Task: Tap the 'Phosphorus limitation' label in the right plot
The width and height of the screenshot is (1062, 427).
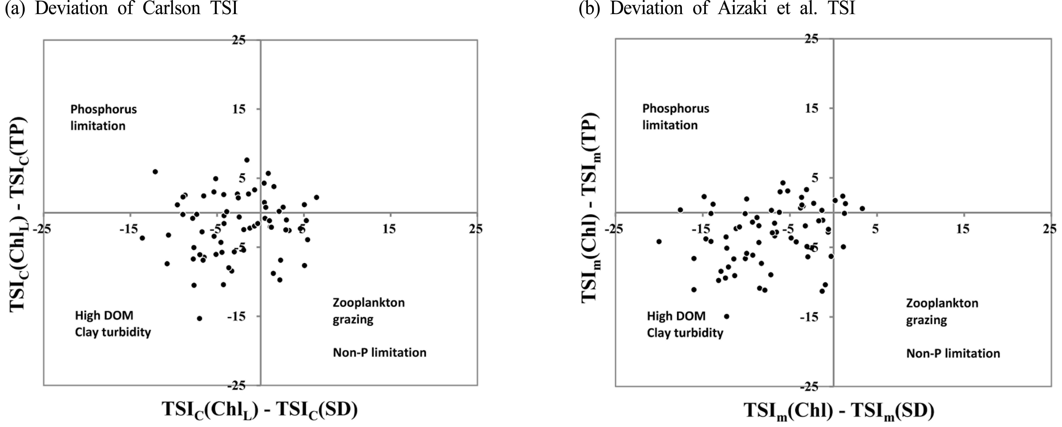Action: click(x=676, y=117)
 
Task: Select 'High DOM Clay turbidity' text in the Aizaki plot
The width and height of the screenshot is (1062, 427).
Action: click(x=685, y=324)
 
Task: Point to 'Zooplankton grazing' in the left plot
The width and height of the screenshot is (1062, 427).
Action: click(x=369, y=311)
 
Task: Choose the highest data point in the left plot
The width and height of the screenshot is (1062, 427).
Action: click(x=247, y=160)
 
